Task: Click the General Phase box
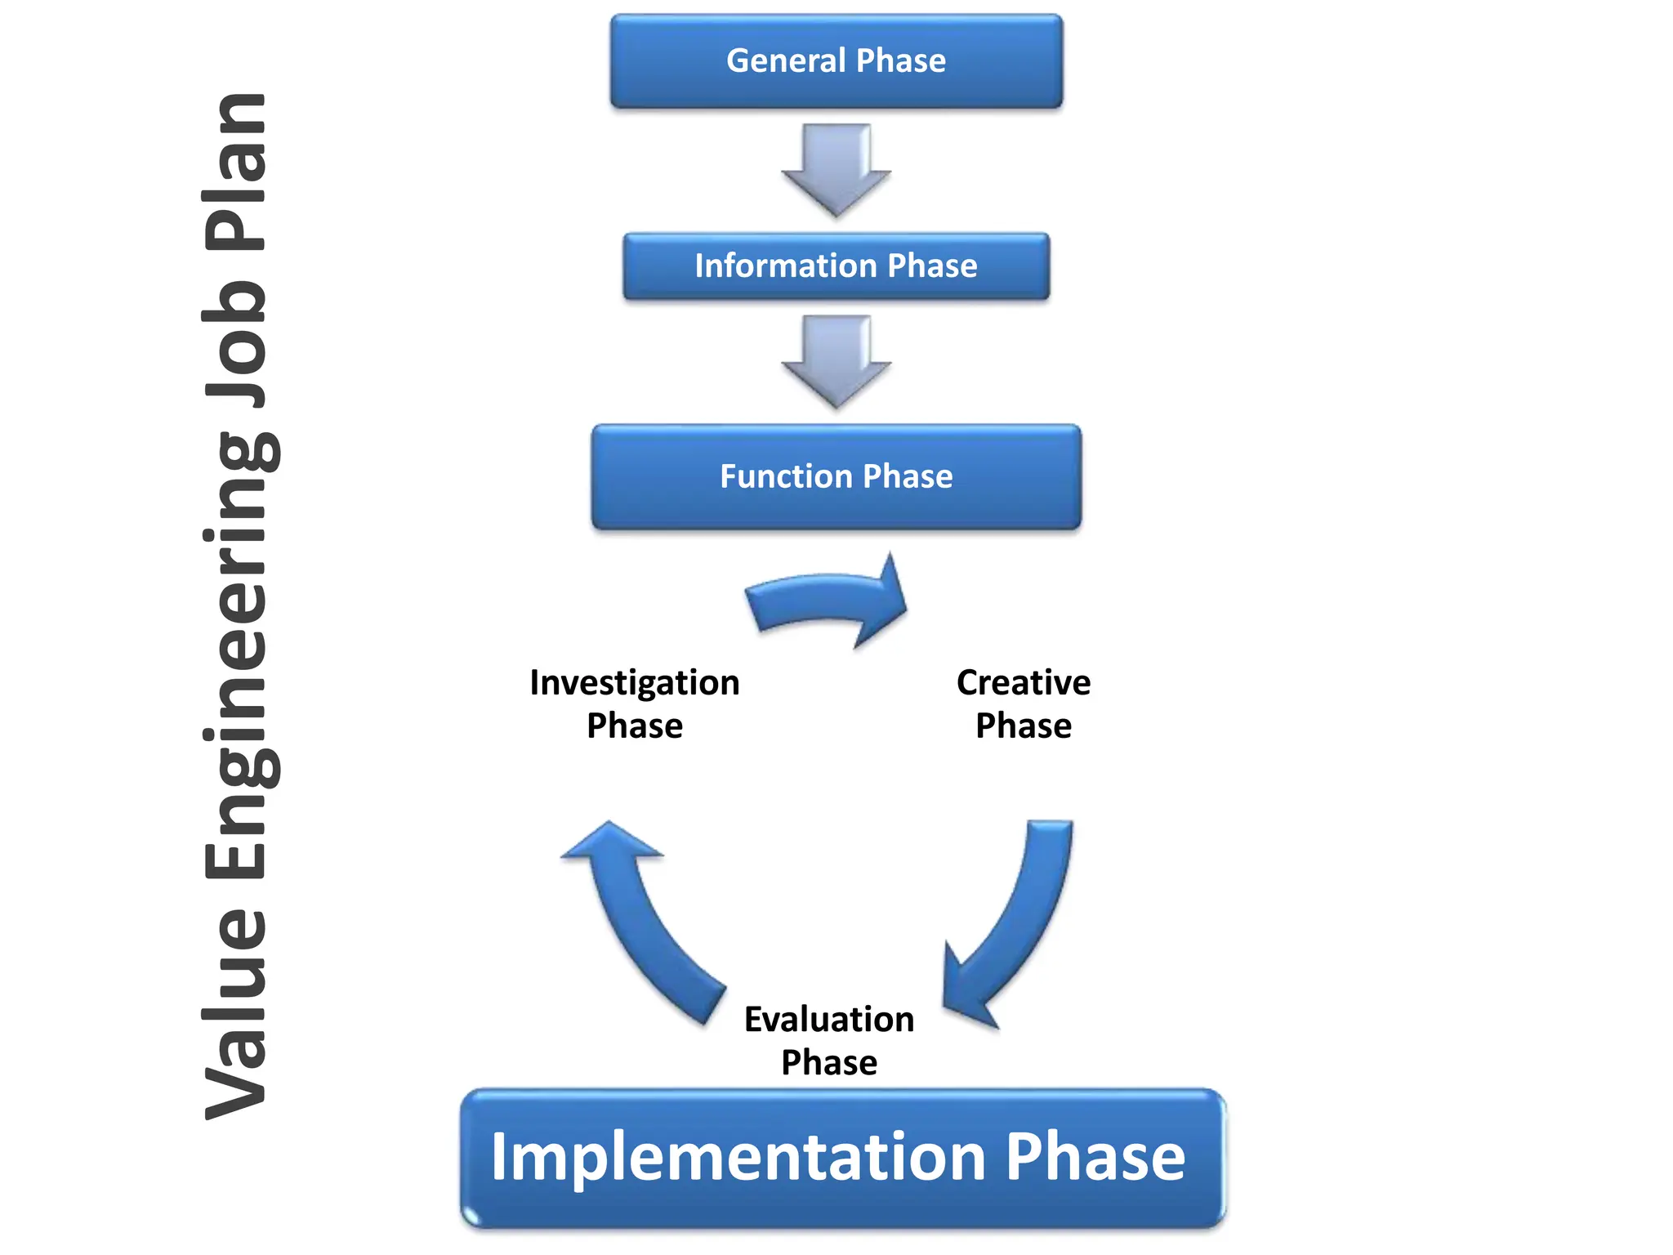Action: tap(836, 61)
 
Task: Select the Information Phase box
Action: tap(836, 266)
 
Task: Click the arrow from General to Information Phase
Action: tap(836, 167)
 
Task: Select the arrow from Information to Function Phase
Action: tap(836, 360)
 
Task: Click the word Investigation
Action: tap(634, 683)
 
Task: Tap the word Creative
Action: tap(1023, 682)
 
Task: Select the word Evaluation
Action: tap(828, 1019)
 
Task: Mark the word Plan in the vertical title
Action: tap(235, 172)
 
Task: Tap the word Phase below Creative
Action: tap(1023, 726)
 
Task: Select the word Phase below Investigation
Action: tap(634, 726)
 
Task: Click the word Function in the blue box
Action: tap(786, 476)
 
